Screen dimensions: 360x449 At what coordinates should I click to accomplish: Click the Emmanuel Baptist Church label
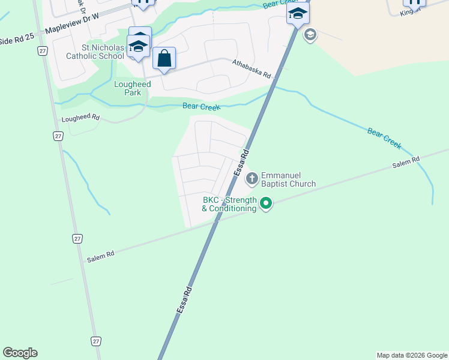[288, 179]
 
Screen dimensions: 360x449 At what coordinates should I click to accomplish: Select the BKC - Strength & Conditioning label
[229, 204]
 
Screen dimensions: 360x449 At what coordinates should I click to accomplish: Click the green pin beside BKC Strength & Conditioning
[265, 205]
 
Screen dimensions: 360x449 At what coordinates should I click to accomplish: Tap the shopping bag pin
[164, 59]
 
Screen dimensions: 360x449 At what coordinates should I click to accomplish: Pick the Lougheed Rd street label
[80, 118]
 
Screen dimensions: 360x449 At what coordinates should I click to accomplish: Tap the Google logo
[20, 353]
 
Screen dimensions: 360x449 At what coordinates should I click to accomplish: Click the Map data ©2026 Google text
[412, 355]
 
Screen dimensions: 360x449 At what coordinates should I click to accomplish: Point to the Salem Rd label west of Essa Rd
[100, 256]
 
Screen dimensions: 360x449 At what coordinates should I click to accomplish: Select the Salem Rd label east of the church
[406, 160]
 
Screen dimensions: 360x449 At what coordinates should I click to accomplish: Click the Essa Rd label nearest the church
[241, 164]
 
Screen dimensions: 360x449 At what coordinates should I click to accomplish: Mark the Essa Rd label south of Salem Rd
[184, 298]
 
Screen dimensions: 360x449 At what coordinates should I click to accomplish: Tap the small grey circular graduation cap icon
[310, 34]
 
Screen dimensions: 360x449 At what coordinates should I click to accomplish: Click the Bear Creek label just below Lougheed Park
[201, 107]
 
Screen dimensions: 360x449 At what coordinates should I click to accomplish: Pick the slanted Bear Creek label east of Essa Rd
[384, 138]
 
